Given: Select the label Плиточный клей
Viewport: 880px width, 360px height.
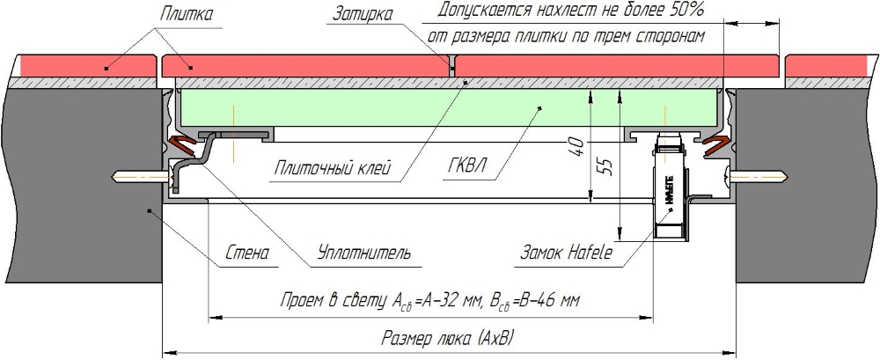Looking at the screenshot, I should (x=331, y=167).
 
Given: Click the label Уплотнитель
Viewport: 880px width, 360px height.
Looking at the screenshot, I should (x=363, y=254).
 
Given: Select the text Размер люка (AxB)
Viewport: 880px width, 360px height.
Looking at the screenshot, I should (x=448, y=337).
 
